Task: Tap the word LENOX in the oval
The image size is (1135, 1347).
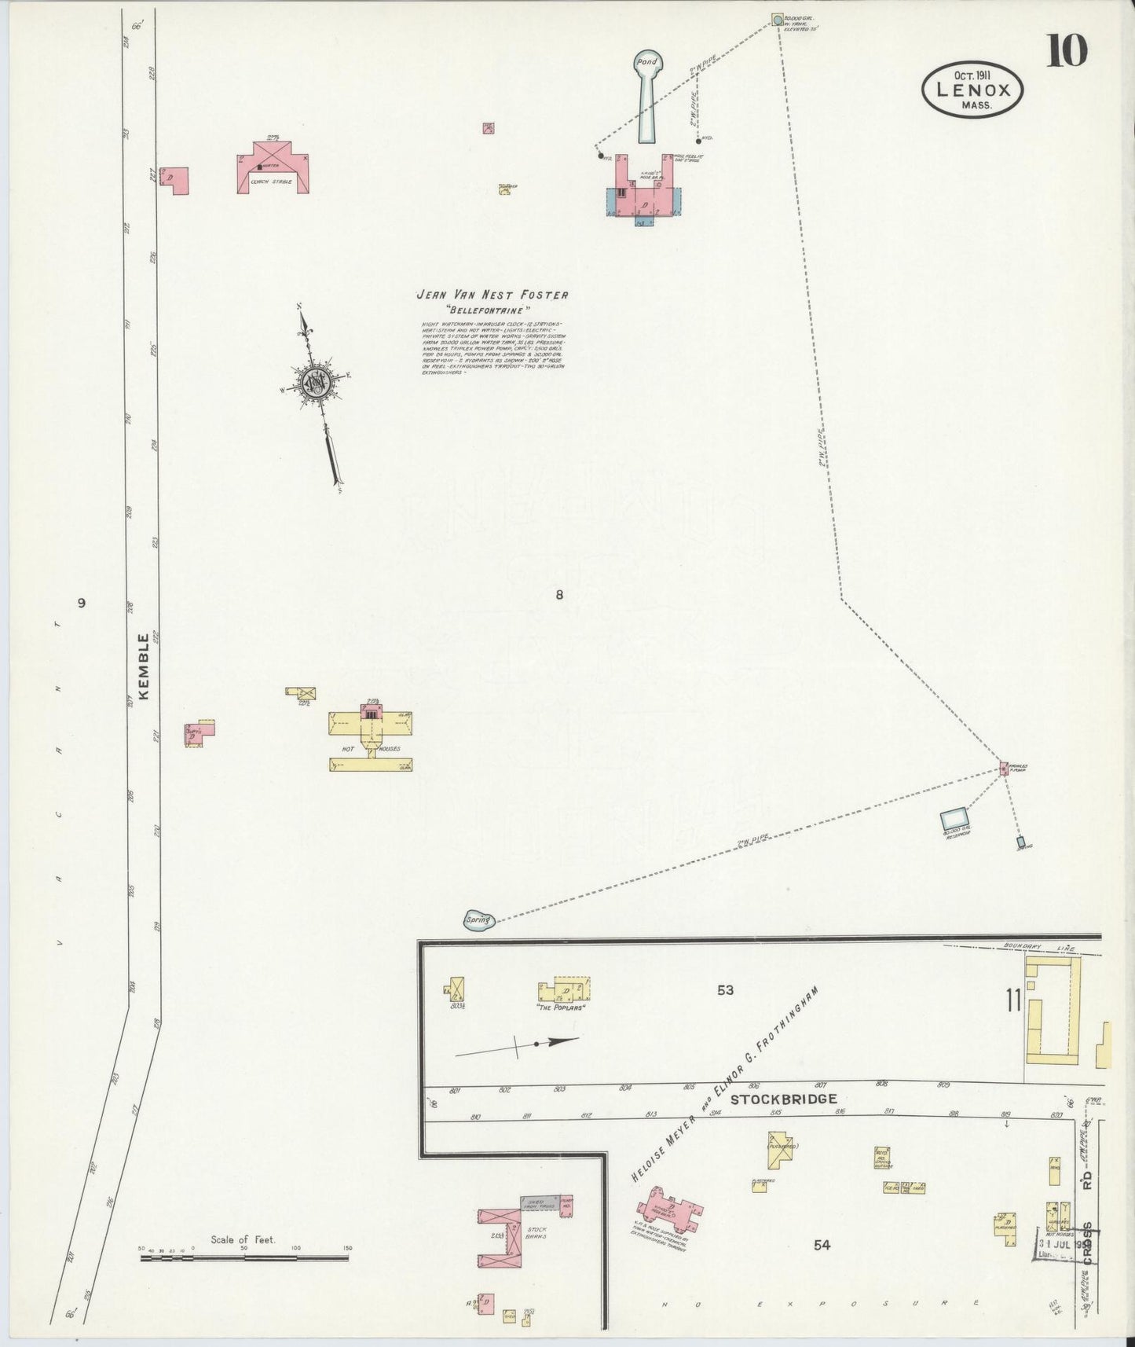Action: pyautogui.click(x=972, y=89)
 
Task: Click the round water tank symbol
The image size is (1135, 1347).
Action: pyautogui.click(x=777, y=19)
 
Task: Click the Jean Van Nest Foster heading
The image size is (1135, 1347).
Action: pyautogui.click(x=492, y=295)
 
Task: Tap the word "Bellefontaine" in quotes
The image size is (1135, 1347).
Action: pyautogui.click(x=492, y=310)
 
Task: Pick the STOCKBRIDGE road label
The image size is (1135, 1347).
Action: pyautogui.click(x=783, y=1099)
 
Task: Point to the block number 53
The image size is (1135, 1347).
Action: pyautogui.click(x=725, y=990)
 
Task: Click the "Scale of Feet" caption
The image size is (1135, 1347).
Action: pyautogui.click(x=243, y=1240)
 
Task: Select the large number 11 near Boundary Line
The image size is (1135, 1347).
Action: pyautogui.click(x=1013, y=1001)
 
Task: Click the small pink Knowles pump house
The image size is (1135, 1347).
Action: pyautogui.click(x=1003, y=768)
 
